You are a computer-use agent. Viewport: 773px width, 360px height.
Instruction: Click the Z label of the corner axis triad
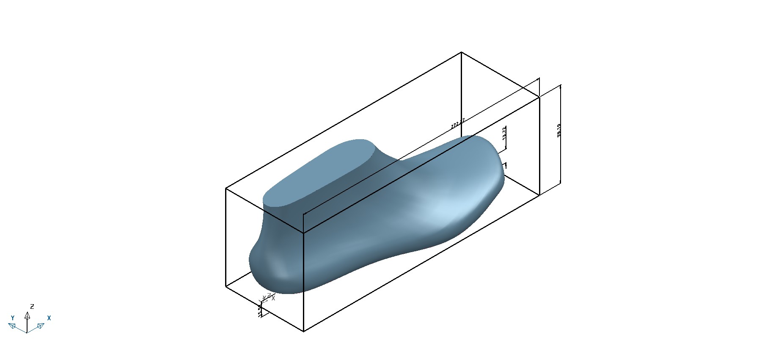32,307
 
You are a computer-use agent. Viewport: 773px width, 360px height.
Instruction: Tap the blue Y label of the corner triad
13,318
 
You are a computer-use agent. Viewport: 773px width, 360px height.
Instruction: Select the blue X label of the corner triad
49,318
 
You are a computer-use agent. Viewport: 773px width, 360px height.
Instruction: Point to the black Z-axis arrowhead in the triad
27,315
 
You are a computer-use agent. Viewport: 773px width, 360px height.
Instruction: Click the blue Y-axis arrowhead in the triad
12,325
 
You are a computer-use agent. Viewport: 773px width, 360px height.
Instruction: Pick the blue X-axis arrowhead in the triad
41,325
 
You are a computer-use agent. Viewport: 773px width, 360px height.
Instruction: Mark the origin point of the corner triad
27,333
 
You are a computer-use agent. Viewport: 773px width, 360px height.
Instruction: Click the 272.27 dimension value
458,123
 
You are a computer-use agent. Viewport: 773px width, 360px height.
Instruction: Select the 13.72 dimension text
504,134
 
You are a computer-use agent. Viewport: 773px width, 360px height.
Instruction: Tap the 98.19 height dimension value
559,130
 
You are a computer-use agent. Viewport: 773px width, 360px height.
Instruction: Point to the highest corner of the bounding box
461,52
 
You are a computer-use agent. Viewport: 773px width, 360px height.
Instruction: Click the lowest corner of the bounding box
304,331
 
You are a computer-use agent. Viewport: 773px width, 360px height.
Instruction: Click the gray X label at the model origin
273,298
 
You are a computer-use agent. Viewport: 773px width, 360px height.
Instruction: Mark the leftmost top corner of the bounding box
226,188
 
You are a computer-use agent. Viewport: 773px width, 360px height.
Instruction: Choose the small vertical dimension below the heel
260,311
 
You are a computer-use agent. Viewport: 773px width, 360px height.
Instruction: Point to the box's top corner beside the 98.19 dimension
539,97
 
